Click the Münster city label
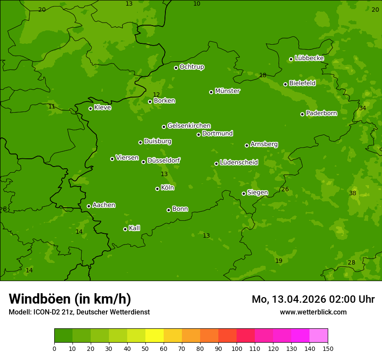click(227, 91)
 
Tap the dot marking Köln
click(157, 189)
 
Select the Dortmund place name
click(217, 134)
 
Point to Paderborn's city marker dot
click(303, 114)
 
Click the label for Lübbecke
click(309, 58)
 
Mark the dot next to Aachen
click(89, 206)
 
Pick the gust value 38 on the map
click(352, 193)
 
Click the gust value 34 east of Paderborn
click(362, 108)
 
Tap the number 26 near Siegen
click(285, 189)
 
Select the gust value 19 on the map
click(279, 261)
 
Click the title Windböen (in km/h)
click(70, 299)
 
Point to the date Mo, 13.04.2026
click(289, 299)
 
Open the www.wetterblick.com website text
click(313, 312)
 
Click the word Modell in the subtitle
click(20, 312)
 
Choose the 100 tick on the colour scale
click(237, 348)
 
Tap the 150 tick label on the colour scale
click(328, 348)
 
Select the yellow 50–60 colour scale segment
click(155, 336)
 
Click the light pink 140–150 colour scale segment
click(319, 336)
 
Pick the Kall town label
click(134, 228)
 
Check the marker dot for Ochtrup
click(176, 68)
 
